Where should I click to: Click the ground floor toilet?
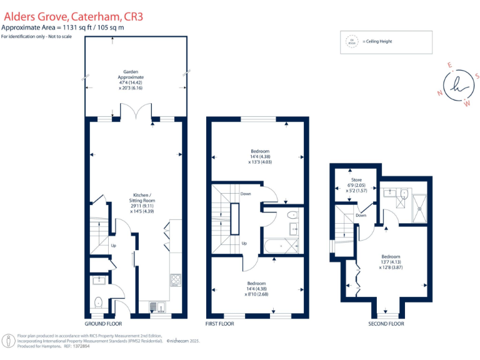[98, 304]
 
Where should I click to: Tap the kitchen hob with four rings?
[176, 281]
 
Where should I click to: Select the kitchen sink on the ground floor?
[157, 306]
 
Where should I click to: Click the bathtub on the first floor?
[281, 247]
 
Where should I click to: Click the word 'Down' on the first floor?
[246, 194]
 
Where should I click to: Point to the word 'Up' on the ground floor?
[113, 246]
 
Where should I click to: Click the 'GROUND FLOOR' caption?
[103, 324]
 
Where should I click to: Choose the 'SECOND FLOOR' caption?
[386, 324]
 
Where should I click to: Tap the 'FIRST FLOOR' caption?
[220, 324]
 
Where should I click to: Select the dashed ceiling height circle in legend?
[351, 42]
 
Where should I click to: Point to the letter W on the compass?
[466, 103]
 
